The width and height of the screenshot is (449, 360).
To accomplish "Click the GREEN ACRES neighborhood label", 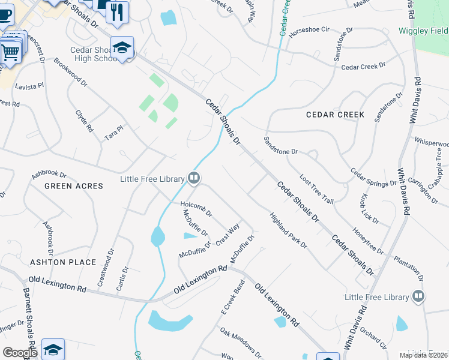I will click(x=74, y=186).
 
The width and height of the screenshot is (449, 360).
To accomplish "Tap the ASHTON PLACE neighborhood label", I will click(x=63, y=262).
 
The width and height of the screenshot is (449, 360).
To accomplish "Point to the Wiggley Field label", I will click(x=423, y=30).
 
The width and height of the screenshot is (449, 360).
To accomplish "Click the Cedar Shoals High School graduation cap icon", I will click(x=122, y=47).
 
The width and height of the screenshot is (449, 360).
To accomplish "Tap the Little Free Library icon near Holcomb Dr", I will click(x=194, y=178).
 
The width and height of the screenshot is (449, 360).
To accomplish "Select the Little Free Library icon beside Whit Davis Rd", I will click(x=418, y=296).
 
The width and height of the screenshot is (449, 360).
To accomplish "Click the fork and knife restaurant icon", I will click(x=117, y=11).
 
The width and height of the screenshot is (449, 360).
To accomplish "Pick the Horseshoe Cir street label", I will click(x=310, y=29).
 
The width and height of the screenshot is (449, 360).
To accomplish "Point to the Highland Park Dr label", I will click(x=288, y=230).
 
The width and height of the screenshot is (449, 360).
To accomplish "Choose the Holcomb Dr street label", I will click(x=196, y=209).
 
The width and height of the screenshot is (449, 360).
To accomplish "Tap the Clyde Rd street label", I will click(x=84, y=121).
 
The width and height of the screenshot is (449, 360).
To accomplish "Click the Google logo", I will click(x=20, y=353).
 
